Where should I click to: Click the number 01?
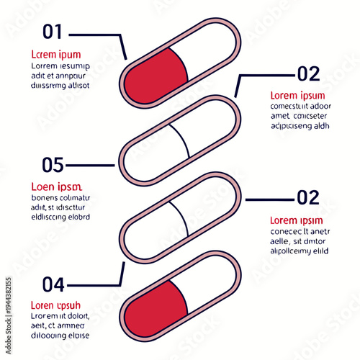[53, 32]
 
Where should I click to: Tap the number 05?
[53, 165]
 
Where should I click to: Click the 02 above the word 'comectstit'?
[308, 73]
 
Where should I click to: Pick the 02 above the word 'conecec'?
[308, 197]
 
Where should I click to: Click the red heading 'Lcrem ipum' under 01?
[55, 54]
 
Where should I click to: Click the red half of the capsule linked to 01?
[155, 76]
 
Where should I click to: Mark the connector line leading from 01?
[97, 34]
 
